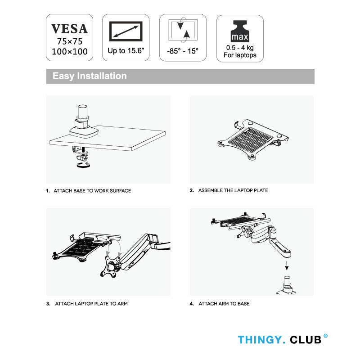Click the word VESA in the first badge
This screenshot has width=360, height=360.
tap(69, 29)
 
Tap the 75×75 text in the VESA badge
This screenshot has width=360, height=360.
tap(70, 41)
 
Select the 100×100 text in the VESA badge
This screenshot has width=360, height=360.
tap(70, 51)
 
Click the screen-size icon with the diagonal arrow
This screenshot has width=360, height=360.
tap(126, 31)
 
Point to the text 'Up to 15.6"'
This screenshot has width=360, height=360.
tap(126, 50)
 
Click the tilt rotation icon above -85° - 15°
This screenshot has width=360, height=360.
tap(183, 30)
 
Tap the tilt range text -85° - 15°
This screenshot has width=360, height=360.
tap(183, 51)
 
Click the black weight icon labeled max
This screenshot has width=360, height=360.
tap(240, 31)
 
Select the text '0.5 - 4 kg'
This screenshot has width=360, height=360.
tap(240, 48)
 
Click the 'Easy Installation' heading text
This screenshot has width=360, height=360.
tap(90, 76)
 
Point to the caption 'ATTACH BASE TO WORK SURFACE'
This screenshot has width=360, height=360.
tap(92, 190)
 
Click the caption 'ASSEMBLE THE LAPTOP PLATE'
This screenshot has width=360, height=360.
tap(233, 190)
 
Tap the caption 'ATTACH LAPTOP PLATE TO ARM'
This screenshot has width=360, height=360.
tap(91, 303)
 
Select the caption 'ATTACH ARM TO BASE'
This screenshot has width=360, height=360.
tap(224, 303)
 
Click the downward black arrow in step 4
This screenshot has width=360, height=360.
tap(287, 265)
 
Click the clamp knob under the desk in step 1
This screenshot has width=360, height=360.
tap(83, 165)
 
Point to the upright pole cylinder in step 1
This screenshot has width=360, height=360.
tap(83, 111)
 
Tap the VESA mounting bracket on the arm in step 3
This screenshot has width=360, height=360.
tap(111, 266)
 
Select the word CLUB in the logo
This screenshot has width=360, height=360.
tap(306, 340)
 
